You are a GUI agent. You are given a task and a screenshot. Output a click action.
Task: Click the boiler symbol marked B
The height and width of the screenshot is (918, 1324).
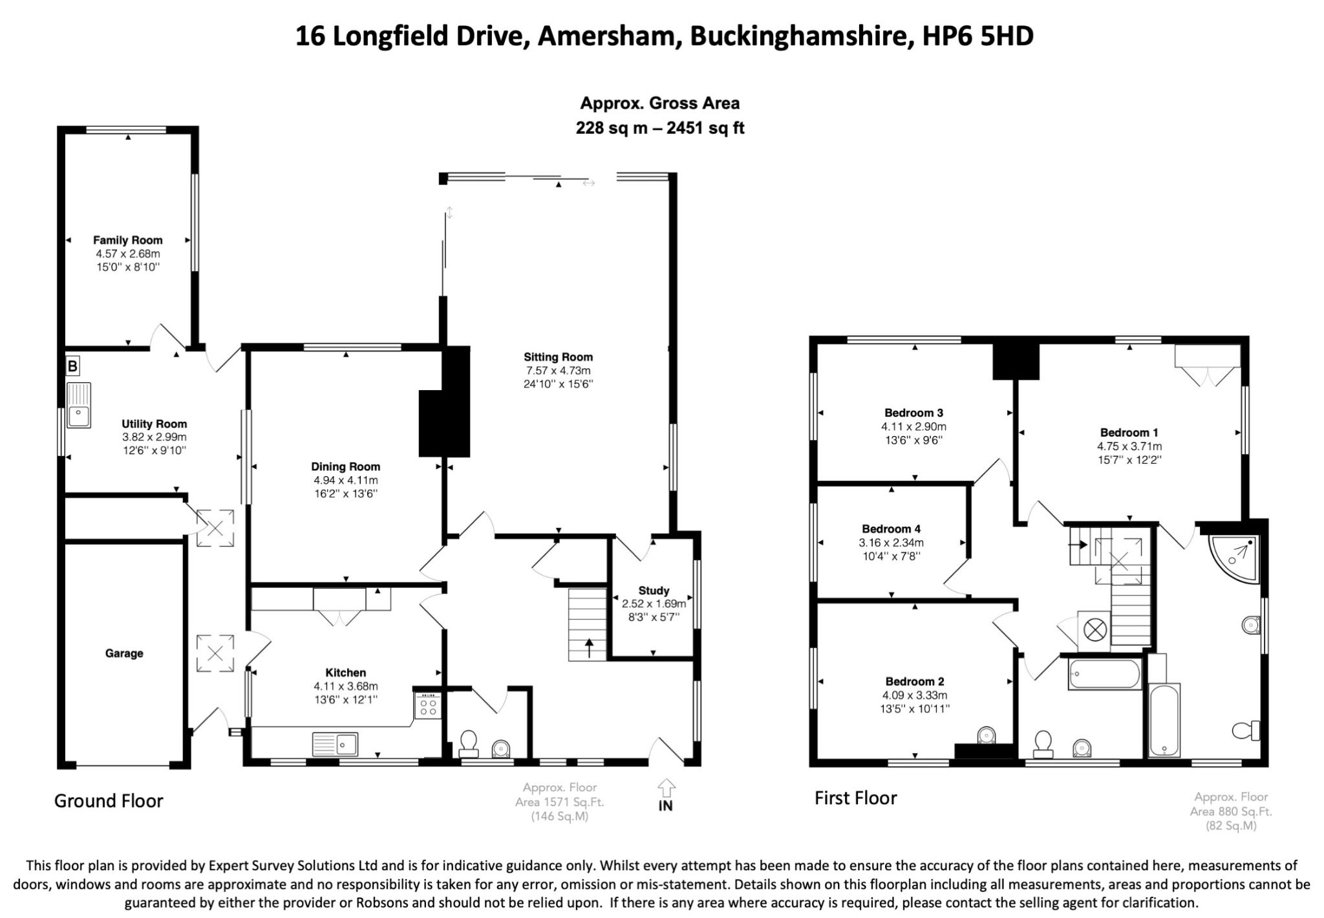click(72, 367)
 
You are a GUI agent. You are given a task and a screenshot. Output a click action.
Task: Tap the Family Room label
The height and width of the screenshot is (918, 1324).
click(127, 240)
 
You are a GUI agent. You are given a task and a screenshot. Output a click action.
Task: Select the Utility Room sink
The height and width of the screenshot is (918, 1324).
click(79, 406)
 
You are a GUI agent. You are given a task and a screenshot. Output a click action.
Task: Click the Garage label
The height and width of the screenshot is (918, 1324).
click(124, 653)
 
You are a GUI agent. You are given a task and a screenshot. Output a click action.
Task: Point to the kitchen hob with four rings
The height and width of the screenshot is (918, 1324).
click(428, 705)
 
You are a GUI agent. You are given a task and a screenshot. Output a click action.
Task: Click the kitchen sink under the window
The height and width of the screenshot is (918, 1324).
click(335, 744)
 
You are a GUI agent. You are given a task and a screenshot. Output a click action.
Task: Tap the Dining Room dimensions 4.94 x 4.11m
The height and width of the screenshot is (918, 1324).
click(346, 480)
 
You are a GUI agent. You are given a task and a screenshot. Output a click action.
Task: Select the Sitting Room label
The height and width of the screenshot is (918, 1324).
click(558, 357)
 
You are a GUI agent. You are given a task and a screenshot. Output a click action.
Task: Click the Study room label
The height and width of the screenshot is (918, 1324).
click(654, 591)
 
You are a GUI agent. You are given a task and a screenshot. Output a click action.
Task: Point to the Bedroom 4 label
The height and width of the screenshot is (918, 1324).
click(891, 529)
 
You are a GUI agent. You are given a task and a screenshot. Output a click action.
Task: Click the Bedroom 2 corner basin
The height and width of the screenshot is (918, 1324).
click(986, 736)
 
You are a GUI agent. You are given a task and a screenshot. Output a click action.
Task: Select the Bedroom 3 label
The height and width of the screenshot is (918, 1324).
click(913, 413)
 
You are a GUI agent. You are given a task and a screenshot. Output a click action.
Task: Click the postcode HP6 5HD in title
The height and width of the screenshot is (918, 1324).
click(977, 36)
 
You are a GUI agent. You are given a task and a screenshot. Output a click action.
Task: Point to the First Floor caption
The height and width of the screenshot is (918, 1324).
click(855, 798)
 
